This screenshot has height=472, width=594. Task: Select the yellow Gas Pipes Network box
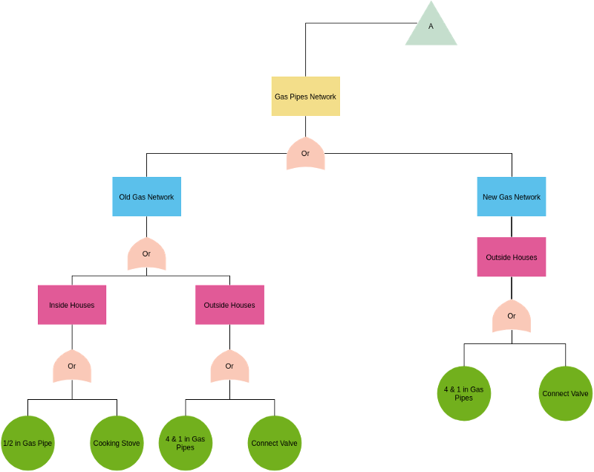point(305,97)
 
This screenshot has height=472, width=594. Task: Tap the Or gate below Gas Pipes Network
point(305,154)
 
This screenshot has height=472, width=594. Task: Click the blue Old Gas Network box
point(146,197)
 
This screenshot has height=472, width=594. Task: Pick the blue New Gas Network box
point(512,197)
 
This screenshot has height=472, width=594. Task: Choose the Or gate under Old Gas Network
point(146,254)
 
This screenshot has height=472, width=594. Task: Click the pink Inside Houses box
point(72,305)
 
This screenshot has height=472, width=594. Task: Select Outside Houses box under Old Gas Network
point(229,305)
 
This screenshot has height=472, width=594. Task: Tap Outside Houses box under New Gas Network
point(512,257)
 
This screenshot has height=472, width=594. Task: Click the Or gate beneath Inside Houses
point(72,366)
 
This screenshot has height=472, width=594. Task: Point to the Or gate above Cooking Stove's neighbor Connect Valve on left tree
point(229,366)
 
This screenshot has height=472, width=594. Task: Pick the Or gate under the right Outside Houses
point(512,317)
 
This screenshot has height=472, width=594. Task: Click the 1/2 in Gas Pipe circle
point(28,443)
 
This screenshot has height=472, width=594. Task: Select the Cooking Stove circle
point(117,443)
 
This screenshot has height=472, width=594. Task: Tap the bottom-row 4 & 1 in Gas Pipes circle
point(186,443)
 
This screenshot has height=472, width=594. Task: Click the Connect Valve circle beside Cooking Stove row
point(275,443)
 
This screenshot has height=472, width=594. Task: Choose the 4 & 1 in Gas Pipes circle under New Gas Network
point(464,393)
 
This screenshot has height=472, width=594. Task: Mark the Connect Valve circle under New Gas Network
point(565,393)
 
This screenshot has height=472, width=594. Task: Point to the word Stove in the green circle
point(130,444)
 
